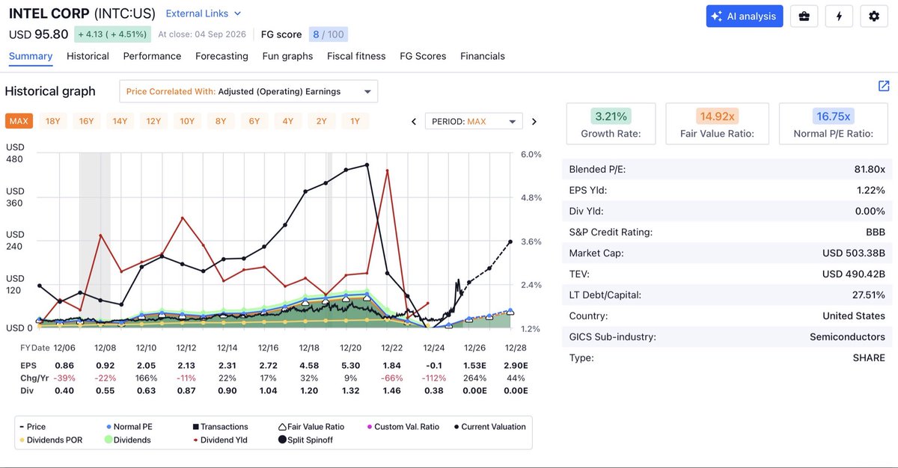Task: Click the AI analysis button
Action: click(x=745, y=16)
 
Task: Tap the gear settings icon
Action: click(x=874, y=16)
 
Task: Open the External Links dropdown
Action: click(x=204, y=13)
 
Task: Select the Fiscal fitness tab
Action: click(x=356, y=56)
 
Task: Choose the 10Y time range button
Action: click(x=187, y=121)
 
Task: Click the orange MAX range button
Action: click(x=19, y=121)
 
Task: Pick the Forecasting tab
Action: click(x=222, y=56)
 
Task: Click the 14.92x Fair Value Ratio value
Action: click(x=717, y=116)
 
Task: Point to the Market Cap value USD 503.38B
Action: click(x=854, y=253)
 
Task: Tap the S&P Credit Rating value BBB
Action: click(x=876, y=233)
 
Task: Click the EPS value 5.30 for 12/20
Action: click(x=350, y=366)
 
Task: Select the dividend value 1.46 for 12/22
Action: click(x=391, y=390)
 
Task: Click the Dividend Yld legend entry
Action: click(x=221, y=440)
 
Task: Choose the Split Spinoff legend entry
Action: click(x=305, y=440)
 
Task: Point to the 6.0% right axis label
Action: click(x=531, y=155)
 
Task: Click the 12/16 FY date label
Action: click(x=268, y=348)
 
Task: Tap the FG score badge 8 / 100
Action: click(x=329, y=34)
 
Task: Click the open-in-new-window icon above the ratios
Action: click(x=884, y=86)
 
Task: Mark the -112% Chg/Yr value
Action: click(x=434, y=378)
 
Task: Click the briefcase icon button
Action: click(x=804, y=16)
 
